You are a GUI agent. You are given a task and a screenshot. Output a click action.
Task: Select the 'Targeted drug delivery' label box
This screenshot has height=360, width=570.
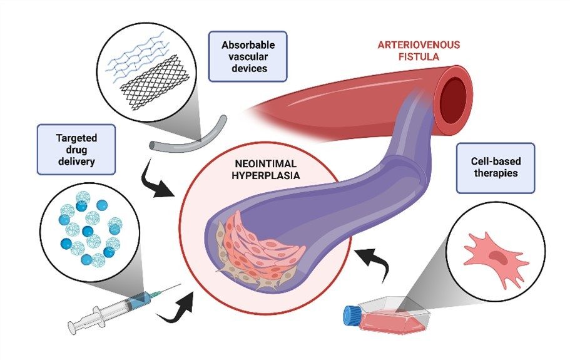click(x=76, y=148)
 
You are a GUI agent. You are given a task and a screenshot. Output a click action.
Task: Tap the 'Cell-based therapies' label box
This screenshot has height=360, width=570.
click(x=496, y=167)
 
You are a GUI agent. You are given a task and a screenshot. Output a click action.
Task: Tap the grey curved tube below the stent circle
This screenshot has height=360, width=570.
click(x=181, y=135)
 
